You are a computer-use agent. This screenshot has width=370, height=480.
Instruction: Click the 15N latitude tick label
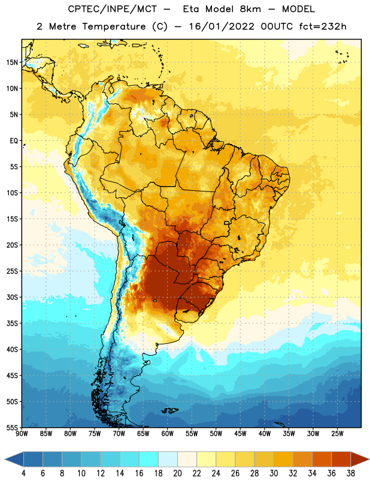tap(11, 62)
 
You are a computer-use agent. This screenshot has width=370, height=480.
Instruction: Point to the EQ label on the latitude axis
tap(14, 141)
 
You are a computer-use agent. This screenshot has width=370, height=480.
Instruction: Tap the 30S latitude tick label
tap(12, 297)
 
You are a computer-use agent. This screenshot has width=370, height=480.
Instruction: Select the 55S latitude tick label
tap(12, 427)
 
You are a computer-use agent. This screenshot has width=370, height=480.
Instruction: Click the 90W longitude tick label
tap(22, 434)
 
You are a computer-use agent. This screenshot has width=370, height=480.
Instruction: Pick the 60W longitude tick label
tap(168, 434)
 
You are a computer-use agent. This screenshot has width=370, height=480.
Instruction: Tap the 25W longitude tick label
tap(337, 434)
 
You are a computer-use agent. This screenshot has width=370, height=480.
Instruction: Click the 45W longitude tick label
tap(240, 434)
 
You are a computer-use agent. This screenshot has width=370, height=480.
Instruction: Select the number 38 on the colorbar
tap(351, 473)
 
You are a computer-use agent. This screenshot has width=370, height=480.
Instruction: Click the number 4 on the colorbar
tap(23, 473)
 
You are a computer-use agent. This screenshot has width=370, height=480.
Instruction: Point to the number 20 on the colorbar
tap(177, 473)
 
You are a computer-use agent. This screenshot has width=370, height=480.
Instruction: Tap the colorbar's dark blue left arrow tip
tap(5, 459)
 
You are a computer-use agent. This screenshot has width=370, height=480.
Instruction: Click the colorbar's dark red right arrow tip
tap(369, 459)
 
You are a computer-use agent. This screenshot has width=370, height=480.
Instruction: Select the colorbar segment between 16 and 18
tap(148, 459)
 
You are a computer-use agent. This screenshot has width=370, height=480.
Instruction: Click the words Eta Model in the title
tap(222, 9)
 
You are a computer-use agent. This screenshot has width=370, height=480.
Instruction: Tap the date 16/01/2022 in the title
tap(222, 26)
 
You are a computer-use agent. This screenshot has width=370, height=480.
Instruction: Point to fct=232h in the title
tap(323, 26)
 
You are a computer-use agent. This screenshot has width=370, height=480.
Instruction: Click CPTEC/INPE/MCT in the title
tap(113, 9)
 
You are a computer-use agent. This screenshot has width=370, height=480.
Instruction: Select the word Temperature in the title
tap(114, 27)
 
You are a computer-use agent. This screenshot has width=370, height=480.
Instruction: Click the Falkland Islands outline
tap(170, 410)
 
